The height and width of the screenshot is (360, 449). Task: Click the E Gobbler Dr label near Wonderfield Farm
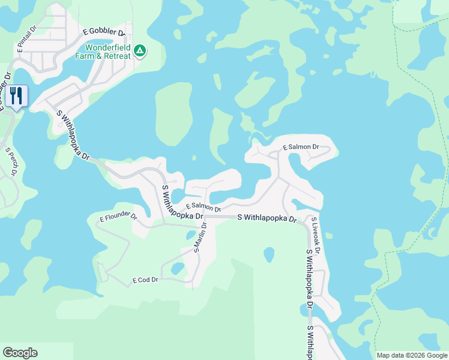pyautogui.click(x=103, y=32)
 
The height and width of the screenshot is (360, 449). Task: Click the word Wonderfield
pyautogui.click(x=108, y=48)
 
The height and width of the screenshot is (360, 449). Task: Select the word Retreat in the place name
pyautogui.click(x=116, y=56)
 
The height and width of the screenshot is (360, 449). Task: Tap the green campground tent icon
pyautogui.click(x=139, y=51)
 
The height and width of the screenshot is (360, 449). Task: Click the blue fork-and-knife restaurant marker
pyautogui.click(x=16, y=95)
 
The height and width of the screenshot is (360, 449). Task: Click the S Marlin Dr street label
pyautogui.click(x=200, y=238)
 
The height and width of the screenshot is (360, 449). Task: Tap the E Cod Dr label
pyautogui.click(x=145, y=280)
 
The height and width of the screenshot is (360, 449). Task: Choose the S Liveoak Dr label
pyautogui.click(x=315, y=235)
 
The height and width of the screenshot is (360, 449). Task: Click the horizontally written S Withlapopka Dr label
pyautogui.click(x=267, y=219)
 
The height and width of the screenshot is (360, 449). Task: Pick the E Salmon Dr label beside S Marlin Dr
pyautogui.click(x=203, y=206)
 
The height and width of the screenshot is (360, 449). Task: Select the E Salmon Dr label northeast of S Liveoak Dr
pyautogui.click(x=301, y=147)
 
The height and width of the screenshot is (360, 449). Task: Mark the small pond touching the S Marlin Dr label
pyautogui.click(x=190, y=235)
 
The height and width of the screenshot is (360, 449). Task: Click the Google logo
pyautogui.click(x=20, y=353)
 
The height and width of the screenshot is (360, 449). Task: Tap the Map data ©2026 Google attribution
pyautogui.click(x=412, y=355)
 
